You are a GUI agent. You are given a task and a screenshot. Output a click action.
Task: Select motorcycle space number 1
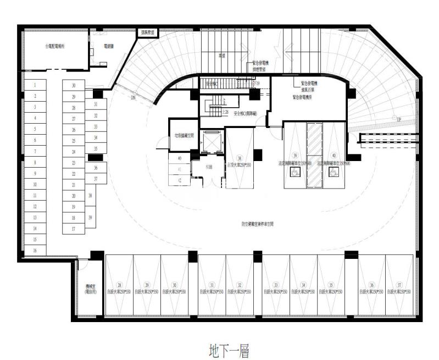coord(35,85)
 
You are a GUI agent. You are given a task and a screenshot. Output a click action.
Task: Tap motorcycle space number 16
coord(35,250)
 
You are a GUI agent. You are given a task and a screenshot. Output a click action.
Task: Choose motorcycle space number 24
coord(73,151)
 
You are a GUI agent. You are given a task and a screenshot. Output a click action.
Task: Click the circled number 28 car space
coord(119,285)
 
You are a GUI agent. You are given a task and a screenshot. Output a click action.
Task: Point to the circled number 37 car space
coord(399,285)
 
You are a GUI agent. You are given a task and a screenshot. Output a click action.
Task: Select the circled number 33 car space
coord(275,285)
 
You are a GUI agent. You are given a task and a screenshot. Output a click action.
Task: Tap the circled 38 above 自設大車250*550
coord(239,157)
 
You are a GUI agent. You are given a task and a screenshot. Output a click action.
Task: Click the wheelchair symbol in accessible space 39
coord(294,171)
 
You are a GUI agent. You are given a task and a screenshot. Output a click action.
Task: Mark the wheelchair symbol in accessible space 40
coord(333,171)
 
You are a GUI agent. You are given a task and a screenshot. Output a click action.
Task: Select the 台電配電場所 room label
coord(55,47)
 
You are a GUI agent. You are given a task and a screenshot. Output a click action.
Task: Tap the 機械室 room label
coord(90,289)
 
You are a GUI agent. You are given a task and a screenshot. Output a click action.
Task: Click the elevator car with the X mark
coord(213,141)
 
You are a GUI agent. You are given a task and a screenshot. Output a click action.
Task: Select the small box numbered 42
coord(179,180)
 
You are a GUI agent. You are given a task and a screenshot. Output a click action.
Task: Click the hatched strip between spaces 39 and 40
coord(314,155)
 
